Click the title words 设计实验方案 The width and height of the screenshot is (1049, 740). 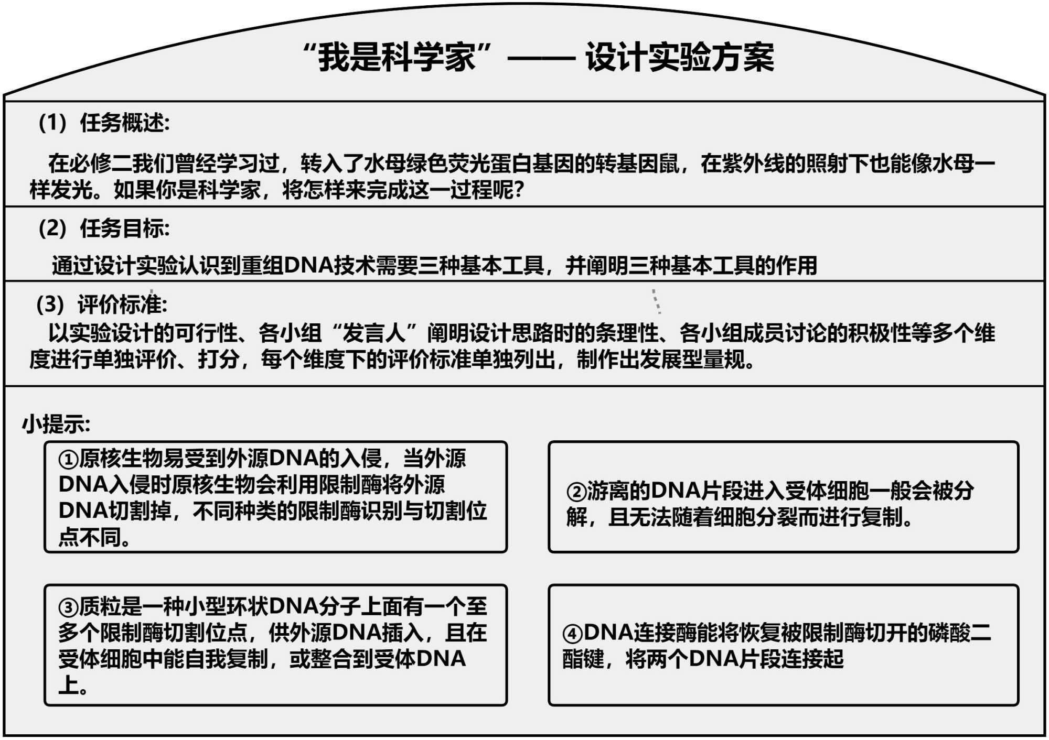(x=679, y=57)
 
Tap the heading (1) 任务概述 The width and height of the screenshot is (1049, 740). (x=104, y=123)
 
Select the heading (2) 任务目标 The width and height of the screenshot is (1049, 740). (x=104, y=228)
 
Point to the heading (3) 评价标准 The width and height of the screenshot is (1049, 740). (x=102, y=304)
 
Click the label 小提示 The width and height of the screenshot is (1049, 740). (x=56, y=423)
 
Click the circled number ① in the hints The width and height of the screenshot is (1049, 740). (x=68, y=460)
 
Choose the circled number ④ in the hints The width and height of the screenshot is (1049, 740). (x=572, y=634)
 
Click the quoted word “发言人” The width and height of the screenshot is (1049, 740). (x=374, y=333)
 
